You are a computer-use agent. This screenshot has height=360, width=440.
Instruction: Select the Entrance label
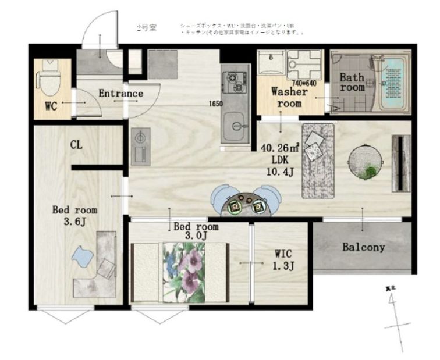click(120, 93)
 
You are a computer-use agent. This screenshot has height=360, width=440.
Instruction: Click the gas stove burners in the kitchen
click(235, 82)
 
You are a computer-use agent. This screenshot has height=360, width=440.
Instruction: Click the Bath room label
click(352, 82)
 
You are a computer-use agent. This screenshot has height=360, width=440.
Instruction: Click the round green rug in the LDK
click(366, 161)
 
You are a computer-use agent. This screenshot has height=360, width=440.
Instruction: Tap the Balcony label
click(363, 247)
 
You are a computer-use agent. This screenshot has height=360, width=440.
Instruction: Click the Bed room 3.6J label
click(74, 215)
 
